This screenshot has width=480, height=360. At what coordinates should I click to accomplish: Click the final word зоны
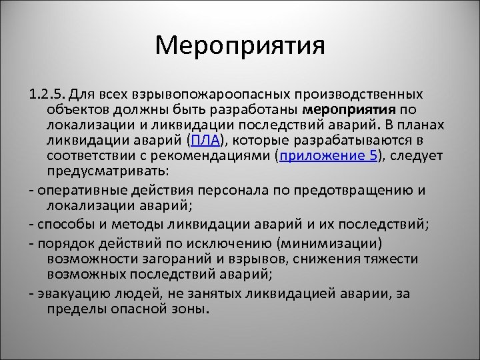coord(191,309)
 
